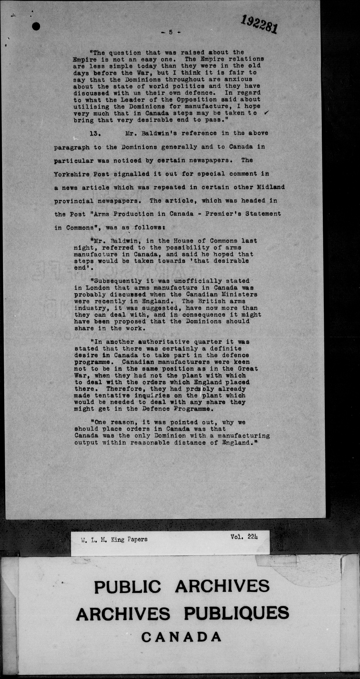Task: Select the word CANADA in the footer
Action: tap(181, 637)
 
